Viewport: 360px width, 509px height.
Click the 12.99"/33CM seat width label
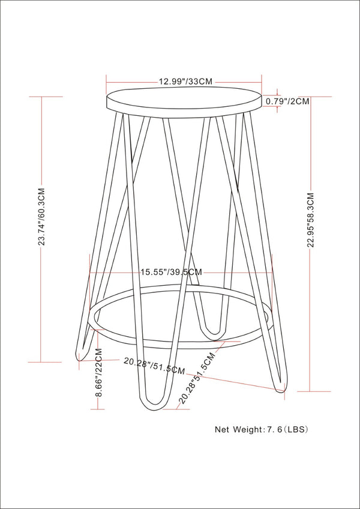185,80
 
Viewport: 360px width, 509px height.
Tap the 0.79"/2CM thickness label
287,101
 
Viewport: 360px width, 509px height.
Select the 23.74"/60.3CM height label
41,227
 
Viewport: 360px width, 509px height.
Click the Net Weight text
238,430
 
